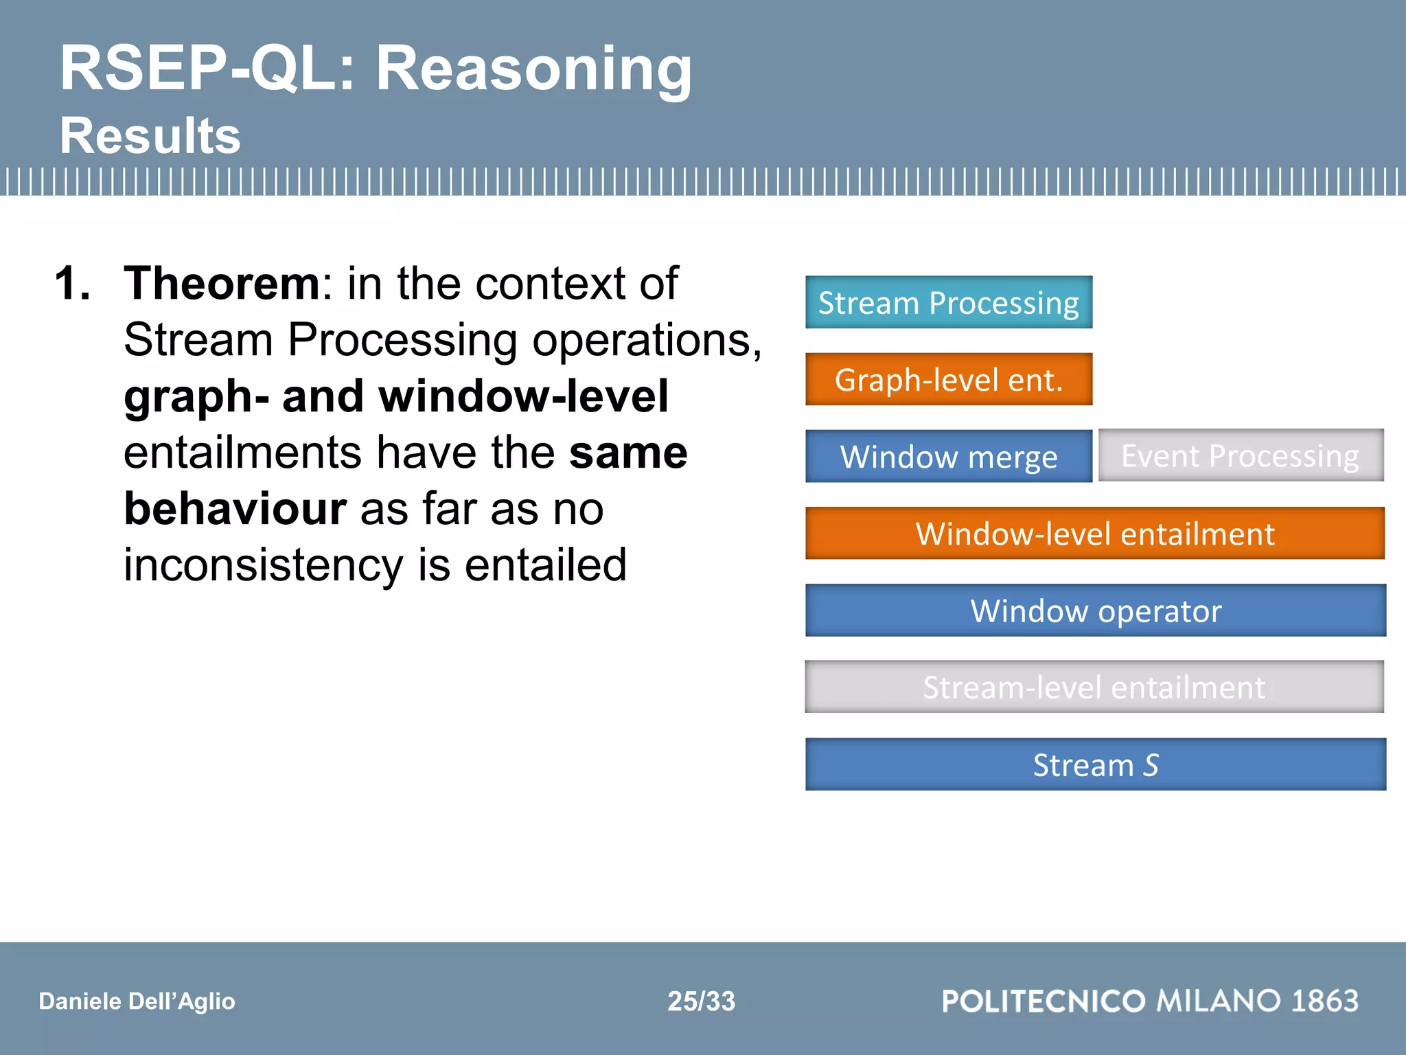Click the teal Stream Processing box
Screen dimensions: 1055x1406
pos(948,302)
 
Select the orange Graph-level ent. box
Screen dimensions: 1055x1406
pos(948,379)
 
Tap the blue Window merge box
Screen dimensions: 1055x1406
pos(948,456)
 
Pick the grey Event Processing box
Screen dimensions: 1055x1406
pos(1240,455)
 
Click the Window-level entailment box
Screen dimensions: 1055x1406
pos(1094,533)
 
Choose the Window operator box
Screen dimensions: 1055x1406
pos(1095,610)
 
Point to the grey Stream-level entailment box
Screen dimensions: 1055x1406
pos(1094,687)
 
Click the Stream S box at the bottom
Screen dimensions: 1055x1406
pos(1095,764)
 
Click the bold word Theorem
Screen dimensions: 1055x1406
pos(221,283)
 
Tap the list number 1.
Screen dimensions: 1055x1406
pos(72,283)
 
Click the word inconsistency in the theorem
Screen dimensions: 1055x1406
pos(263,565)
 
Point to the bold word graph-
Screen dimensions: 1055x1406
pos(196,397)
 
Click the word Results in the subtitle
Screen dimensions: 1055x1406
pos(150,135)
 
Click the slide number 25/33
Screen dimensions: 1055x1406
pos(701,1001)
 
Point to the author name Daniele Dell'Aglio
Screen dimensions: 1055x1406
pos(137,1001)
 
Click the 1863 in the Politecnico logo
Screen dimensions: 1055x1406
pos(1324,1001)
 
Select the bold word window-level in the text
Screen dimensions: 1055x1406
pos(523,396)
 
